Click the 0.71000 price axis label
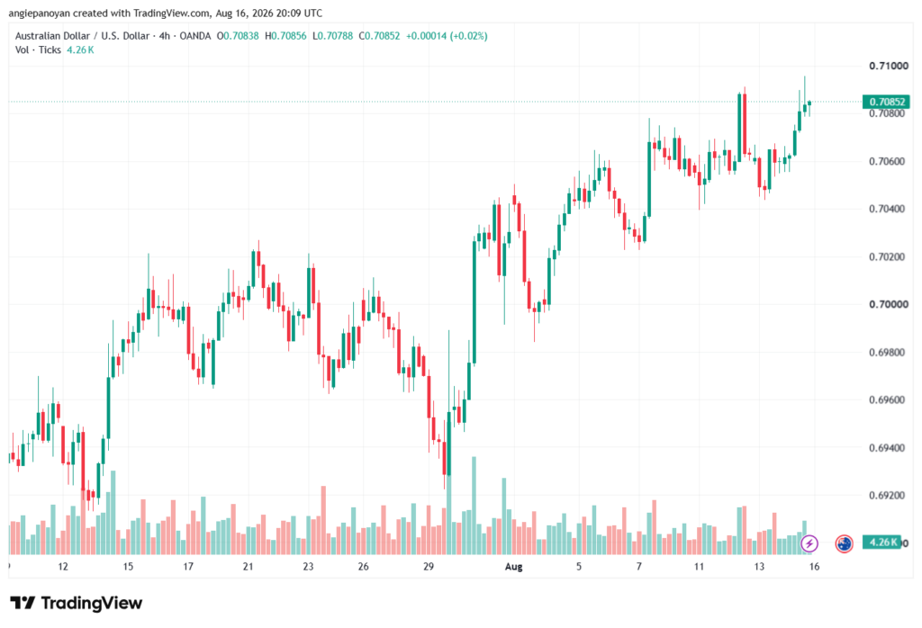point(889,66)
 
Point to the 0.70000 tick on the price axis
point(889,304)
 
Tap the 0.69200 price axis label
point(889,495)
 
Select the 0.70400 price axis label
point(889,209)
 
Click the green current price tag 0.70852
point(886,102)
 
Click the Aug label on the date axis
point(513,566)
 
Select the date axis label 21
point(249,566)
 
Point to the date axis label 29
point(428,566)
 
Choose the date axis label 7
point(639,566)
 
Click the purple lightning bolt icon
point(809,543)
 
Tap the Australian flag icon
point(845,543)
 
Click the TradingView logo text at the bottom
point(77,604)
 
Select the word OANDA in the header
point(195,36)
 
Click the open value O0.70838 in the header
point(238,36)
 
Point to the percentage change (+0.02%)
point(468,36)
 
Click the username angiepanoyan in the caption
point(39,13)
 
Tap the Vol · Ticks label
point(38,50)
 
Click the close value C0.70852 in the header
point(379,36)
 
